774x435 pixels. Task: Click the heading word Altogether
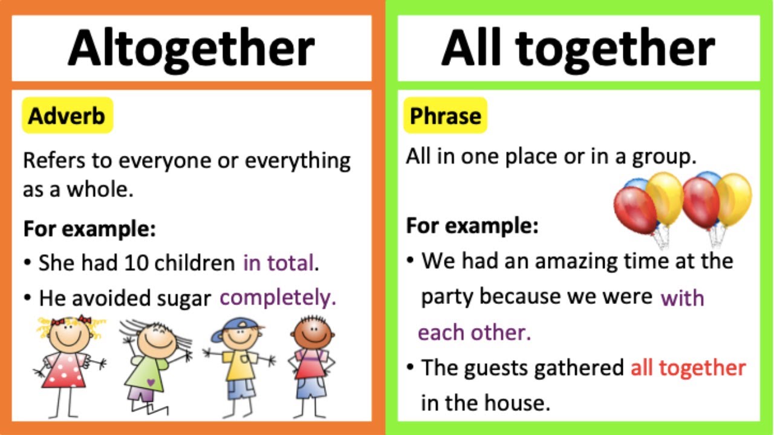[191, 48]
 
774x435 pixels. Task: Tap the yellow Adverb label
[67, 116]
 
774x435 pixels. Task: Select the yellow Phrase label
[445, 116]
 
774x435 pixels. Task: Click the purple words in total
[280, 263]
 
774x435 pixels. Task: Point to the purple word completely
[278, 297]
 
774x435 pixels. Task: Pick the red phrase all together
[688, 367]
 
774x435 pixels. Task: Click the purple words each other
[473, 332]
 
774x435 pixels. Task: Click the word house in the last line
[521, 402]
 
